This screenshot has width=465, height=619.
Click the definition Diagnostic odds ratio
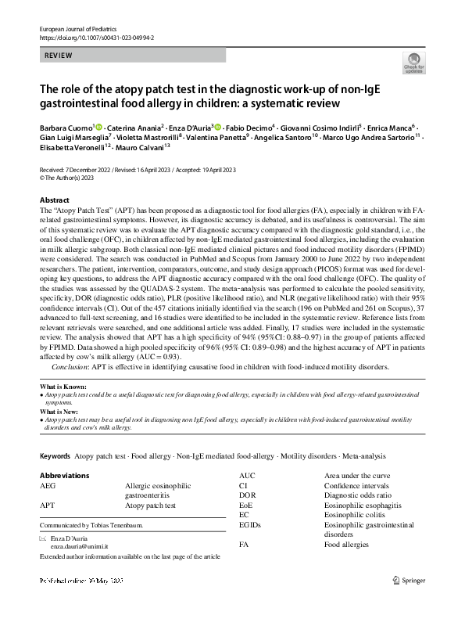(x=356, y=495)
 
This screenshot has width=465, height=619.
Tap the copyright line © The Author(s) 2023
(x=73, y=178)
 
